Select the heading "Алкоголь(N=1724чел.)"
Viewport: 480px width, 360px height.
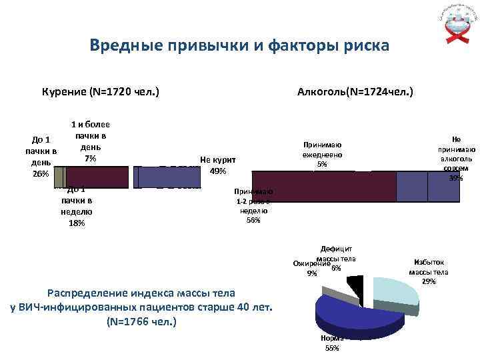[355, 90]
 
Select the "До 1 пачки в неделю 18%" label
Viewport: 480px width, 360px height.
[77, 205]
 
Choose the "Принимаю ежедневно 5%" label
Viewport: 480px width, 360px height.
[323, 155]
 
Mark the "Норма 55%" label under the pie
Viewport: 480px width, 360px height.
[331, 343]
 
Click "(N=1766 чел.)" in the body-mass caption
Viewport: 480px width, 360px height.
[141, 321]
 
